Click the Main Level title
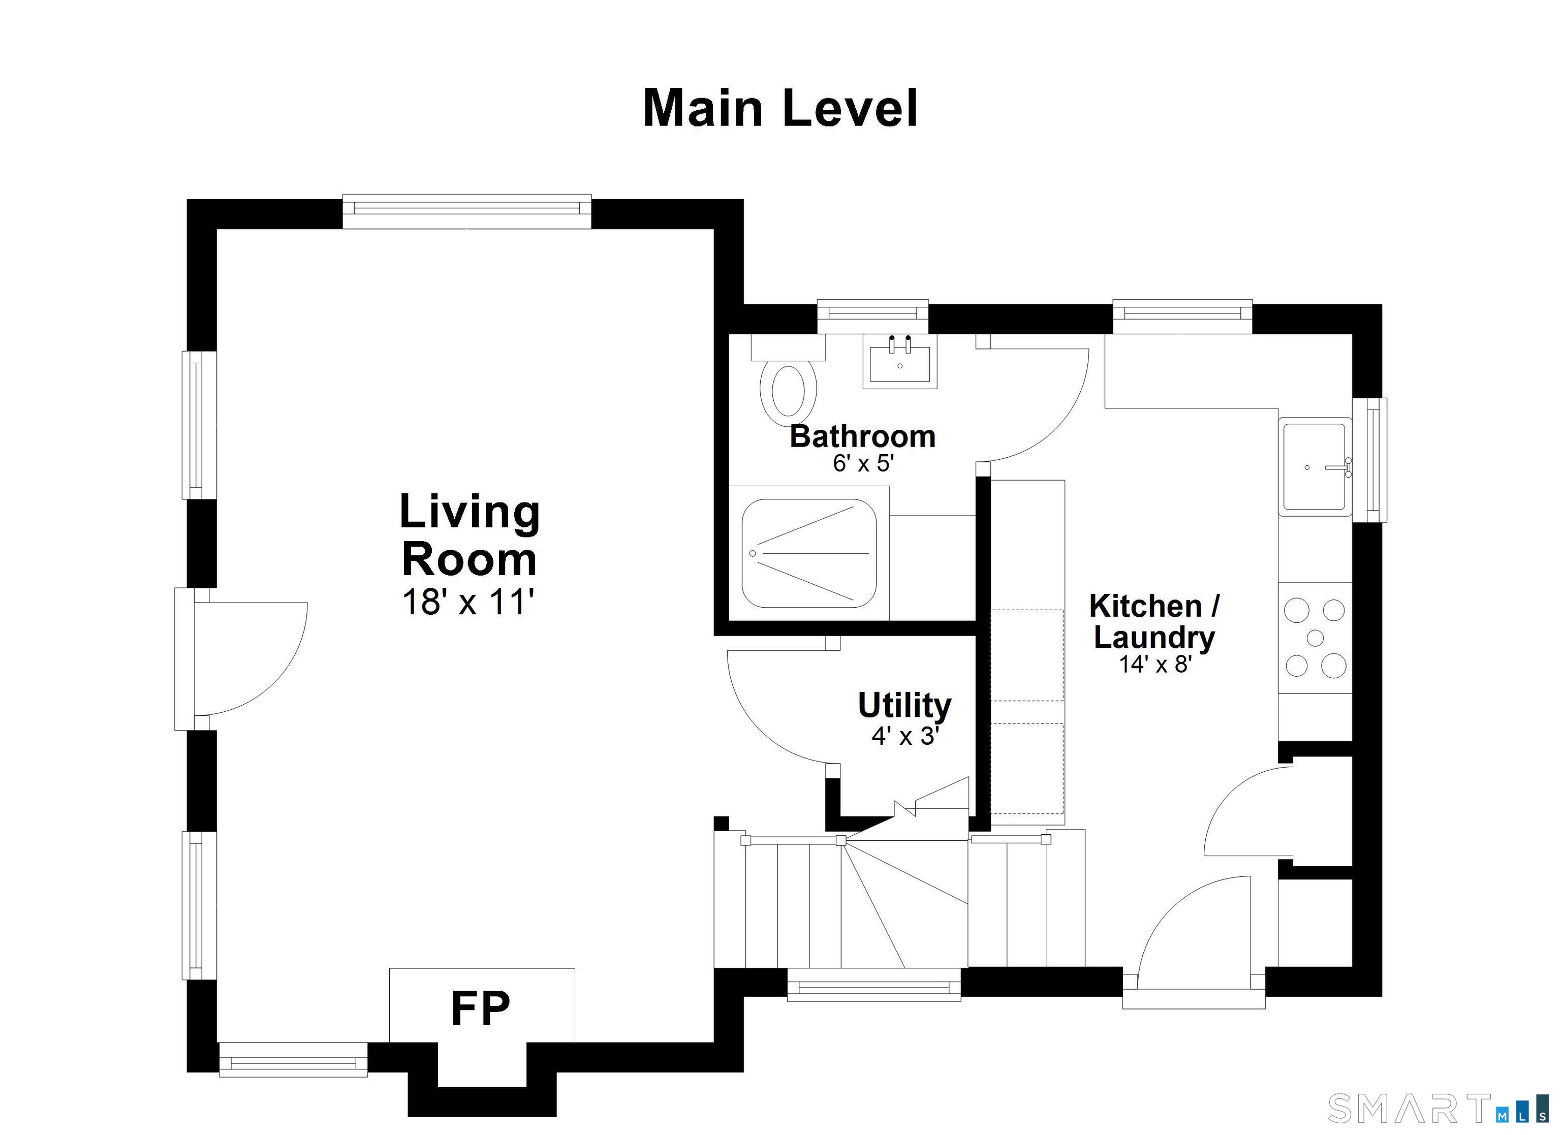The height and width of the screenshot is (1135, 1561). click(780, 109)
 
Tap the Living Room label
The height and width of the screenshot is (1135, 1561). click(470, 535)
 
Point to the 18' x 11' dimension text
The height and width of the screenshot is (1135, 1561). click(469, 602)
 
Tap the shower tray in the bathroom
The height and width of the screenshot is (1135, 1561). click(809, 553)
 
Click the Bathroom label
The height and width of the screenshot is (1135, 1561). click(862, 436)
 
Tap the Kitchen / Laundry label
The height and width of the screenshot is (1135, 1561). click(1154, 621)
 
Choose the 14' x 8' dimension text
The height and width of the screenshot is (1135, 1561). click(1155, 664)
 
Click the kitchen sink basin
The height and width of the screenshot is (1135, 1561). click(1314, 467)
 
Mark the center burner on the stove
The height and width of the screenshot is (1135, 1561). click(1315, 638)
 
